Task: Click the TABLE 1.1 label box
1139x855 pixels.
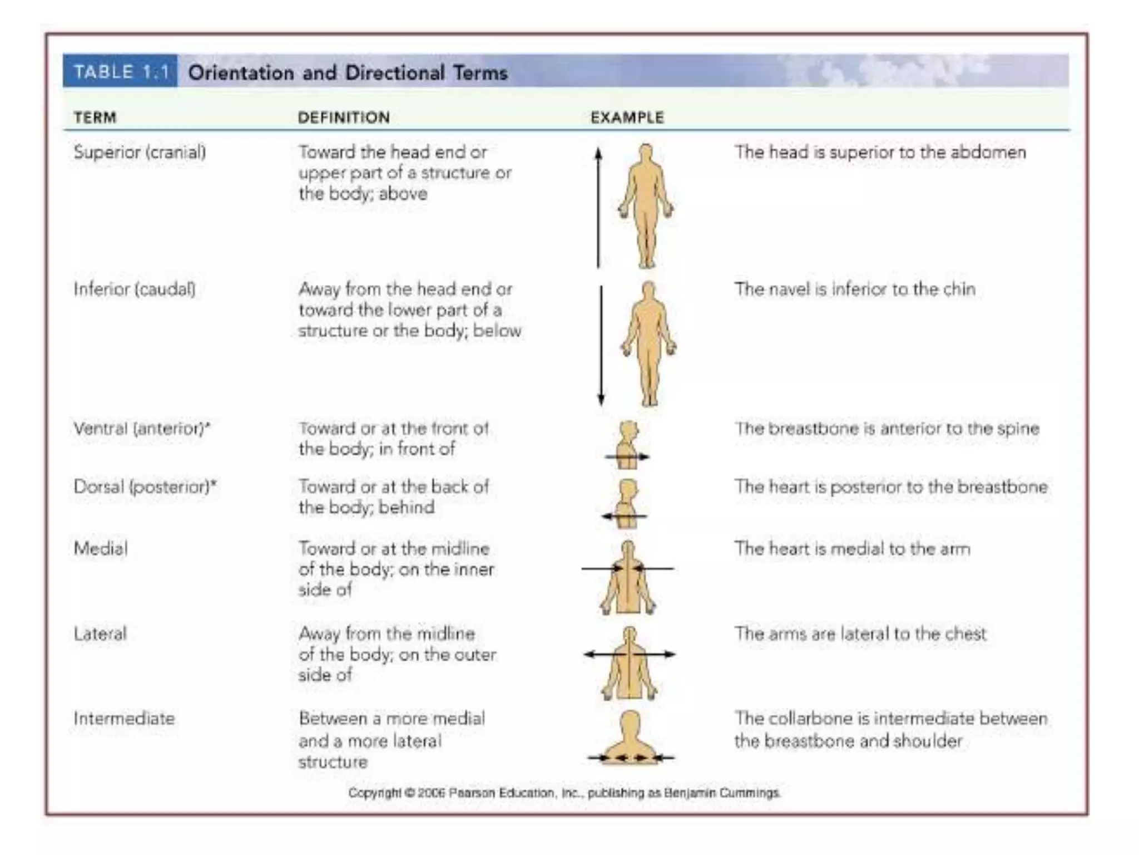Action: point(120,72)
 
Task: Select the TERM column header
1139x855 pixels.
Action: point(95,118)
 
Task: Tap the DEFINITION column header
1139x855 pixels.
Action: point(344,118)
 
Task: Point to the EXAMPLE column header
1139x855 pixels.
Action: point(627,118)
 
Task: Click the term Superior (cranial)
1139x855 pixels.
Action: point(140,153)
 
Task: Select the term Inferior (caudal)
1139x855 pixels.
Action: point(135,289)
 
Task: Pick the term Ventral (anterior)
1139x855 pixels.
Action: point(142,429)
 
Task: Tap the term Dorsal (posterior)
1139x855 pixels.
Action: point(145,487)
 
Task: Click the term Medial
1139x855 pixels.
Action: point(101,549)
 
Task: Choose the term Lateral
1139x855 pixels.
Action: point(100,634)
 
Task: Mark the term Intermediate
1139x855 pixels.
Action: point(124,719)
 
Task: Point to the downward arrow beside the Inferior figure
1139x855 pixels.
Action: point(601,345)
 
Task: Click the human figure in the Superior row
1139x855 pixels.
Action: point(646,206)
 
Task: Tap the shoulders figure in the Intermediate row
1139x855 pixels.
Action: point(630,738)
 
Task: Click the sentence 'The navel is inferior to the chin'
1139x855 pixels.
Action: point(855,289)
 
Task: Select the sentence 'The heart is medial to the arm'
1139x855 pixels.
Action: point(852,549)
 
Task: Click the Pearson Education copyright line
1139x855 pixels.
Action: point(564,793)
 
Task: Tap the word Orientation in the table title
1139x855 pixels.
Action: point(241,73)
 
